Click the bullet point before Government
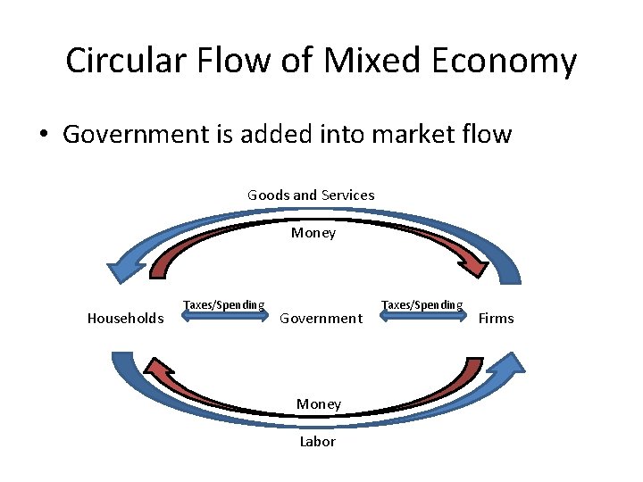tap(42, 136)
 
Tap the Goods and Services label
tap(311, 195)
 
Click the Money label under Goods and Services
tap(313, 233)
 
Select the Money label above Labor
tap(319, 403)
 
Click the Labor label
tap(318, 441)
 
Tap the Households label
tap(125, 318)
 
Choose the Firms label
tap(497, 318)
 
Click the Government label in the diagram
tap(321, 318)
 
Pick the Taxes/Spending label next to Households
tap(223, 304)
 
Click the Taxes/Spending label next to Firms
tap(422, 304)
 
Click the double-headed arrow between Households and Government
tap(222, 314)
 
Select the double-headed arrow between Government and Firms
tap(422, 314)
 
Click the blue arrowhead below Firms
tap(506, 365)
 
